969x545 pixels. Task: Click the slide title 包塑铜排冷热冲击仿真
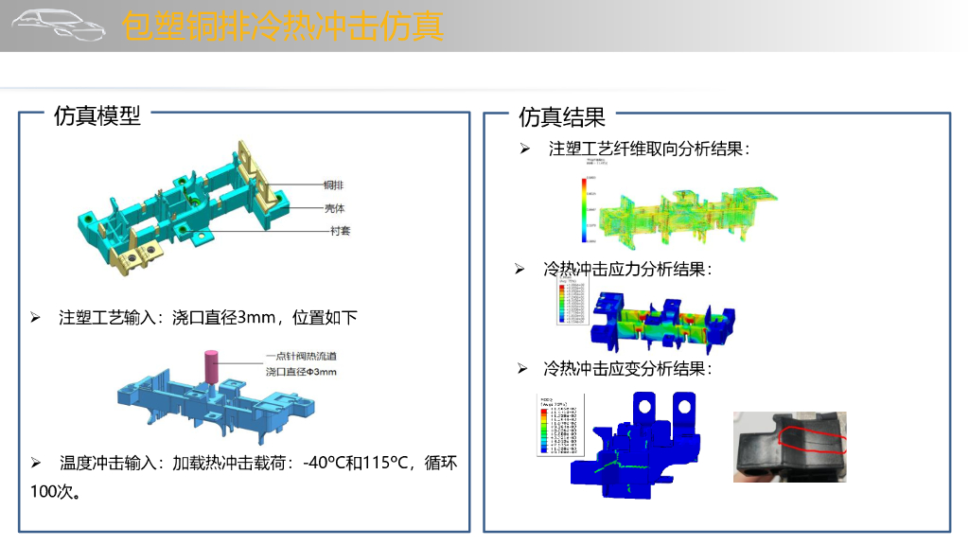[283, 26]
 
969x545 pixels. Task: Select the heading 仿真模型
[97, 115]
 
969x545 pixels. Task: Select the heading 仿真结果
[561, 117]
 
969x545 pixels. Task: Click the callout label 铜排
[332, 185]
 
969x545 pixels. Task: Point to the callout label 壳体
[334, 207]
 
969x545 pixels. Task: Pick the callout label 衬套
[339, 230]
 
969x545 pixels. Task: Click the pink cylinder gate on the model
[211, 366]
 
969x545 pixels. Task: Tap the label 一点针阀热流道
[301, 357]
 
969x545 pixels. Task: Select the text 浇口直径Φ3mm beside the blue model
[301, 372]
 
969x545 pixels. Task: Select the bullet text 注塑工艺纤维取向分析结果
[649, 149]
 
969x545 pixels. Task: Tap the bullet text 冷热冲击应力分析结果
[626, 270]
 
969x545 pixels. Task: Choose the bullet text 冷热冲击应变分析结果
[626, 368]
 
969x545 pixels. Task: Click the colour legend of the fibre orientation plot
[588, 206]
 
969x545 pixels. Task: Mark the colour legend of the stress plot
[571, 301]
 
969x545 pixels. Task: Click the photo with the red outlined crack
[790, 446]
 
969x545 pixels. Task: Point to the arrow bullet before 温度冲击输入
[36, 464]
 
